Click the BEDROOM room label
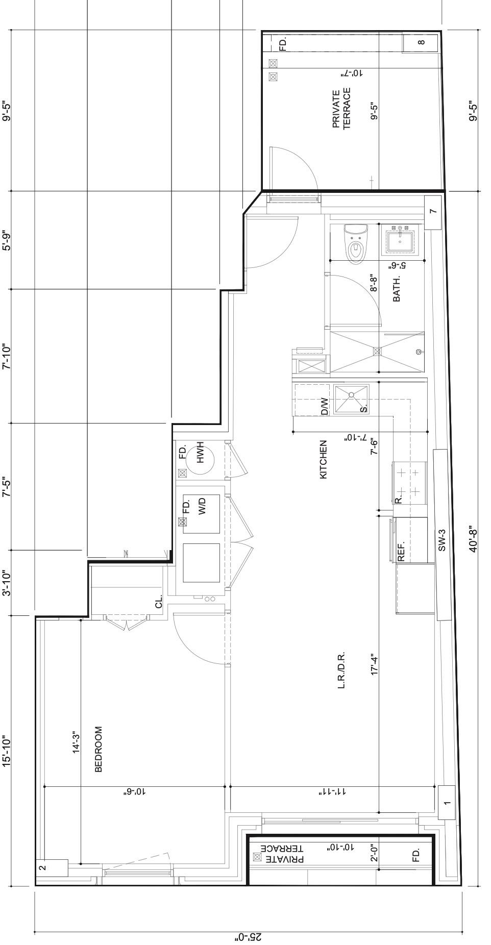pyautogui.click(x=99, y=749)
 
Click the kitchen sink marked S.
pyautogui.click(x=351, y=399)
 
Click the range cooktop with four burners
pyautogui.click(x=409, y=482)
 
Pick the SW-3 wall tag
pyautogui.click(x=442, y=539)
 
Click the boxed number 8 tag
pyautogui.click(x=421, y=43)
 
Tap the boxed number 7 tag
pyautogui.click(x=432, y=211)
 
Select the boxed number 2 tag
pyautogui.click(x=43, y=867)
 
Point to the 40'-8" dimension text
pyautogui.click(x=473, y=539)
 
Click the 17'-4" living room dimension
pyautogui.click(x=375, y=665)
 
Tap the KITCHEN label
pyautogui.click(x=323, y=459)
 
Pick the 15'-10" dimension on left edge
pyautogui.click(x=6, y=751)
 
